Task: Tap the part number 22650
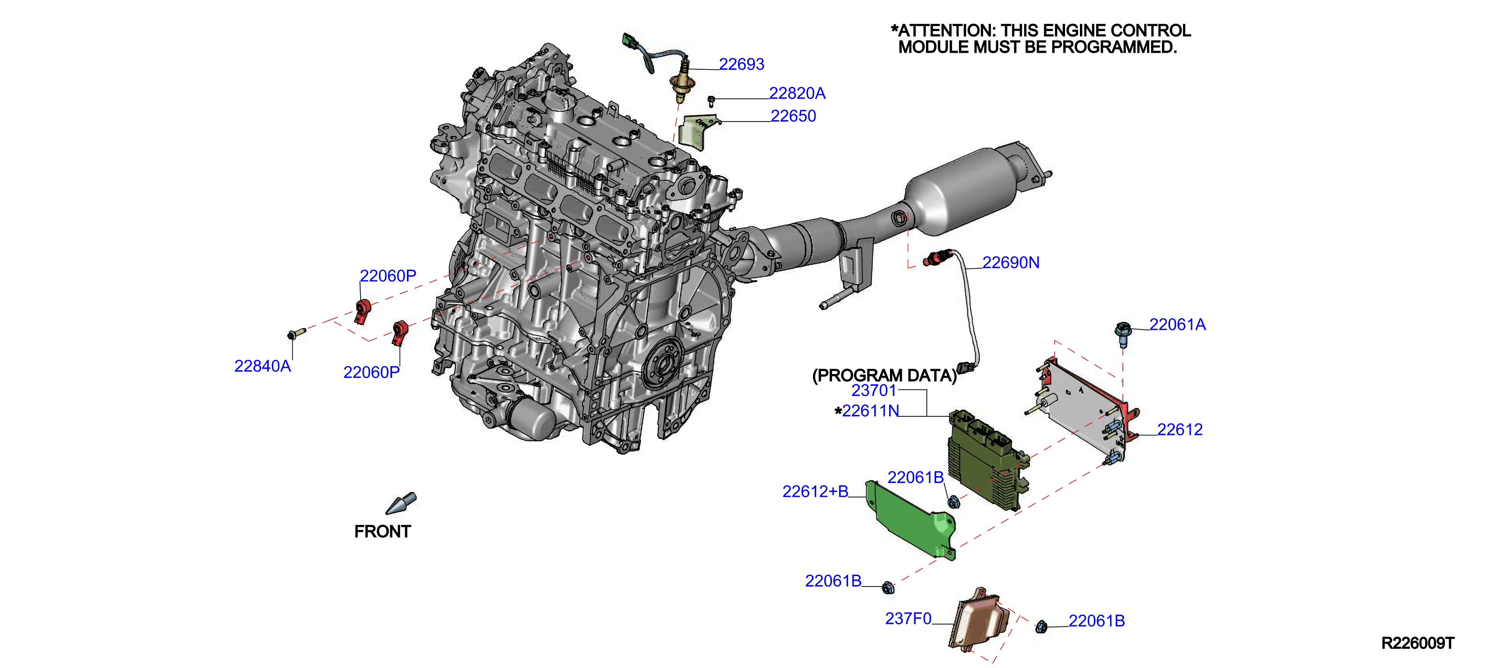(793, 116)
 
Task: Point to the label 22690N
(1011, 262)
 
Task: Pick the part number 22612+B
(815, 491)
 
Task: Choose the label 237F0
(908, 618)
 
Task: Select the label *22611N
(867, 411)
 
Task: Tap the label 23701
(874, 391)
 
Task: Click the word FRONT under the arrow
(383, 531)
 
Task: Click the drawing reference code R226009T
(1418, 643)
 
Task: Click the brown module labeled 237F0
(980, 620)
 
